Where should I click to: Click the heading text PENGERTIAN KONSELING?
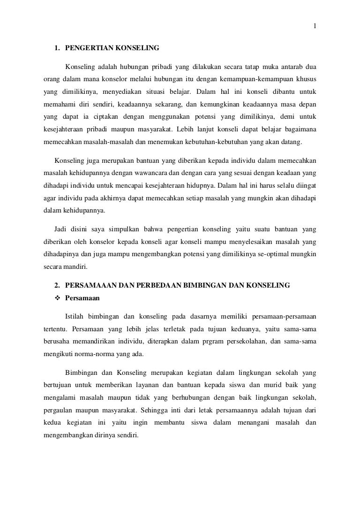(112, 48)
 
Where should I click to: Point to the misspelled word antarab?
(292, 65)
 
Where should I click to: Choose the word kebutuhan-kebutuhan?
(224, 141)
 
